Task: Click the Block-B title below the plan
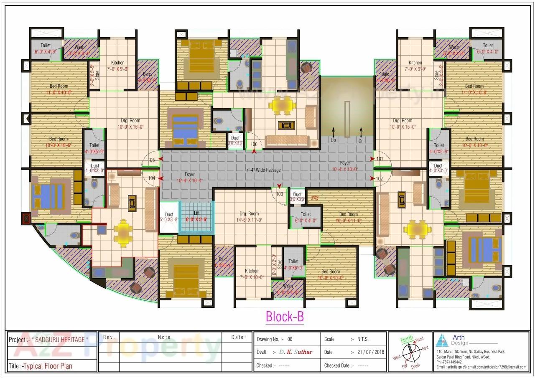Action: [285, 317]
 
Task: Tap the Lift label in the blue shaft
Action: [196, 213]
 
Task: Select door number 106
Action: [254, 145]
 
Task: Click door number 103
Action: [280, 194]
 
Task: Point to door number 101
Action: [380, 159]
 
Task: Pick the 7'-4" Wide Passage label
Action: [263, 170]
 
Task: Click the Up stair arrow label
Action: [333, 140]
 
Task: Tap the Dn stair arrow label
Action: [361, 140]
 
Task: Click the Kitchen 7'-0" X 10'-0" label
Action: [252, 274]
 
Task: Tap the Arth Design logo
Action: [442, 340]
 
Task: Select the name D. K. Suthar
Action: [296, 352]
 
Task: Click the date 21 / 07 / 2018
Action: [368, 352]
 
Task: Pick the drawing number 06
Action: [290, 339]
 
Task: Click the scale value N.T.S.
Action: [362, 339]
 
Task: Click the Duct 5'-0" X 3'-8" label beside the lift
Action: [169, 217]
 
